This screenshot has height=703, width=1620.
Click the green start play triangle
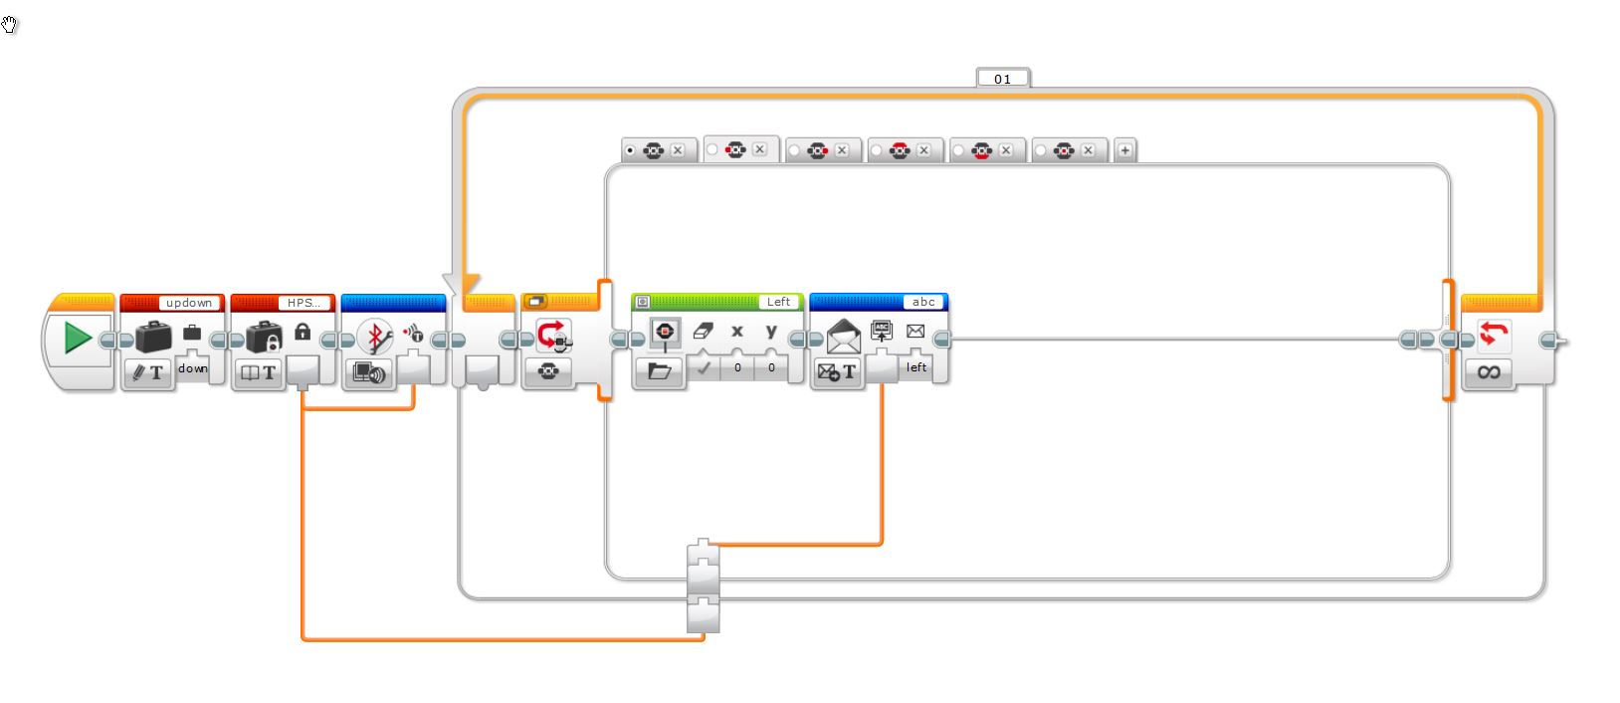coord(77,339)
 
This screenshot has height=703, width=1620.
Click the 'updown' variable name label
coord(188,303)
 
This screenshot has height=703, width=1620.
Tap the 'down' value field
coord(193,368)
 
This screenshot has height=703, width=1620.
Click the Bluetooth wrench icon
coord(374,338)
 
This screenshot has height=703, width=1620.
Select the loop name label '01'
coord(1002,79)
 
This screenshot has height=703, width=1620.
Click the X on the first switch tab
coord(678,150)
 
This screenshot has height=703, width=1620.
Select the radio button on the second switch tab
coord(712,149)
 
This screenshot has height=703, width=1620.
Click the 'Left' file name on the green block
coord(778,302)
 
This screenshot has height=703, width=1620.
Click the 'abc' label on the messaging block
coord(923,302)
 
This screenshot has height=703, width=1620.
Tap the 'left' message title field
coord(915,367)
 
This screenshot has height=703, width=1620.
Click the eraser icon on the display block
coord(704,332)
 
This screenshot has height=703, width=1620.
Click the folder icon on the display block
coord(659,371)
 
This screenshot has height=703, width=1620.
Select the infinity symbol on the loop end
coord(1489,372)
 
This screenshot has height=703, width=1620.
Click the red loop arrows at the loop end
coord(1489,335)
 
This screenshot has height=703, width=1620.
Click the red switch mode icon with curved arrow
coord(553,335)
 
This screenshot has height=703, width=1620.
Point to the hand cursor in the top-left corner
coord(10,25)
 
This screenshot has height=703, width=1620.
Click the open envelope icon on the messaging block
coord(843,337)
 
